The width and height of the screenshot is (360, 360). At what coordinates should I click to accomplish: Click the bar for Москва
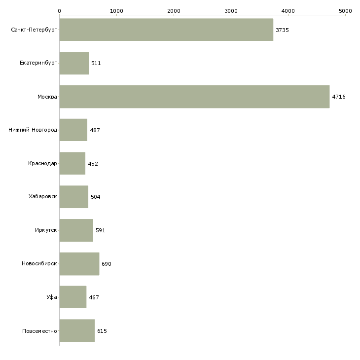pyautogui.click(x=194, y=97)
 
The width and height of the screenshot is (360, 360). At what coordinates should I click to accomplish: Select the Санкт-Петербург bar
pyautogui.click(x=166, y=30)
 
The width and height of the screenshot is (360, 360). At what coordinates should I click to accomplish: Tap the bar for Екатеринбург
pyautogui.click(x=74, y=63)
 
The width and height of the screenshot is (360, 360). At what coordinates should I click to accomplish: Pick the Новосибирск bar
pyautogui.click(x=79, y=264)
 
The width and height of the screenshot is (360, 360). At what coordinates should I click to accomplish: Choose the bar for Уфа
pyautogui.click(x=73, y=297)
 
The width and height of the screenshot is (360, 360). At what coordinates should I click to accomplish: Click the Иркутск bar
pyautogui.click(x=76, y=230)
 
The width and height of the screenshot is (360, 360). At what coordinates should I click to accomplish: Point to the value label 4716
pyautogui.click(x=339, y=97)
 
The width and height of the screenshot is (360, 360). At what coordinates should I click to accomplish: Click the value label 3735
pyautogui.click(x=282, y=30)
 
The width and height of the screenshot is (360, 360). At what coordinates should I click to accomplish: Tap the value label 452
pyautogui.click(x=93, y=164)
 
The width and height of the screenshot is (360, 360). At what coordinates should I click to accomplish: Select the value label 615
pyautogui.click(x=102, y=331)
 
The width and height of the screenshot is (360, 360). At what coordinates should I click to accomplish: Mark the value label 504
pyautogui.click(x=96, y=197)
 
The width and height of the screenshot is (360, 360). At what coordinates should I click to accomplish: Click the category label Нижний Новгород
pyautogui.click(x=33, y=130)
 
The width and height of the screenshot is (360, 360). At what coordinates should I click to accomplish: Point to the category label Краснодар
pyautogui.click(x=42, y=164)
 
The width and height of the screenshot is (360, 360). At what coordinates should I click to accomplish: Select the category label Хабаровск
pyautogui.click(x=42, y=197)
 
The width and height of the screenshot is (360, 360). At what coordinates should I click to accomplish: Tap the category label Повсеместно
pyautogui.click(x=39, y=331)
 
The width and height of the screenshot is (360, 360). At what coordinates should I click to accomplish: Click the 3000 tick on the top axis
pyautogui.click(x=231, y=10)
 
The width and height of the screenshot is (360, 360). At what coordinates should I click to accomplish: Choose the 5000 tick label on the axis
pyautogui.click(x=345, y=10)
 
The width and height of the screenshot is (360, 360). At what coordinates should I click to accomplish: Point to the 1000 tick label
pyautogui.click(x=116, y=10)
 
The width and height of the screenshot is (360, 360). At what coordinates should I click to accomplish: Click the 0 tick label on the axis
pyautogui.click(x=59, y=10)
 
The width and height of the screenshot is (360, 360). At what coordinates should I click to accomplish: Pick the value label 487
pyautogui.click(x=95, y=130)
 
